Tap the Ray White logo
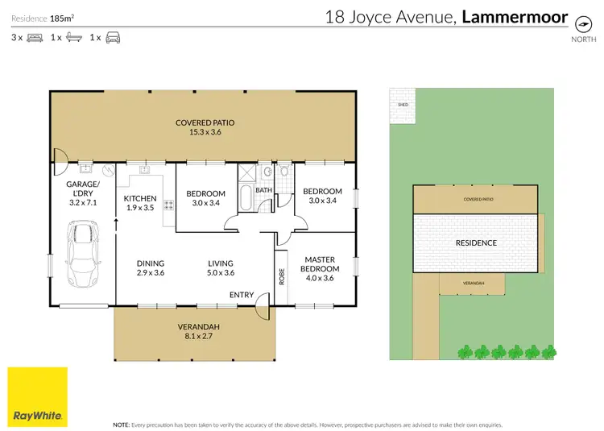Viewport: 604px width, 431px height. click(x=38, y=396)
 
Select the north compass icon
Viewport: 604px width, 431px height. click(x=578, y=23)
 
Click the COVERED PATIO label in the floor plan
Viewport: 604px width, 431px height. click(x=205, y=123)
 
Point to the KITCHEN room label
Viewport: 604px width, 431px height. click(x=139, y=198)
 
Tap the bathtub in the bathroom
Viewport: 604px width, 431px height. click(x=245, y=197)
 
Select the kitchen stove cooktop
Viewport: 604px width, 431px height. click(x=169, y=205)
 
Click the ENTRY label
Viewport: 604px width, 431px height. click(x=241, y=295)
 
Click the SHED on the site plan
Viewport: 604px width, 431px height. click(x=401, y=106)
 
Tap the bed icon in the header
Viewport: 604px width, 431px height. click(x=35, y=37)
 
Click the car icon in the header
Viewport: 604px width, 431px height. click(x=113, y=37)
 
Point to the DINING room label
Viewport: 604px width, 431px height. click(x=150, y=263)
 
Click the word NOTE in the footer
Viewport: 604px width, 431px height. click(x=122, y=423)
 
